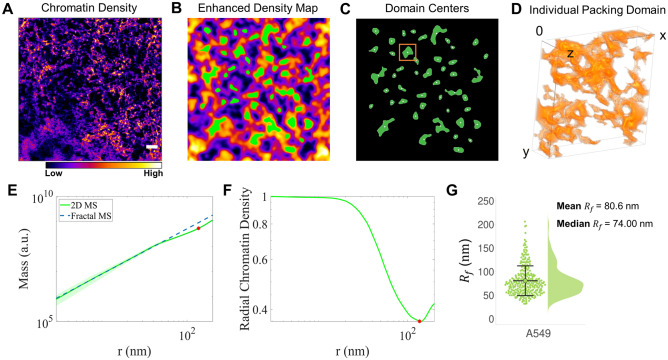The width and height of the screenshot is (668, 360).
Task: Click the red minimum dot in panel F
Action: tap(419, 321)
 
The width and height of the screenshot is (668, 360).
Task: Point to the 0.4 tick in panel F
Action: tap(257, 311)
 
